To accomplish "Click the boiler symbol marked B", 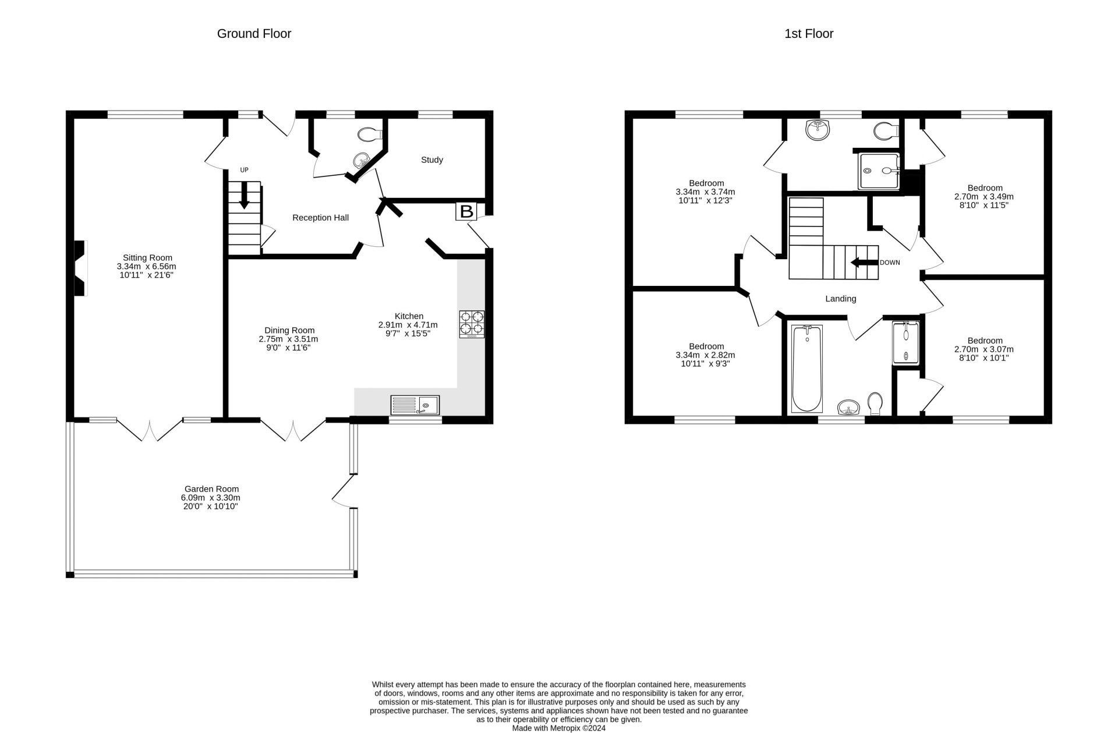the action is click(466, 211).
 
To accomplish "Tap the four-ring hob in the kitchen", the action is click(472, 324).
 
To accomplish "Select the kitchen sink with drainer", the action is click(415, 405).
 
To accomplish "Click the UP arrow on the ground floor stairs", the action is click(245, 194).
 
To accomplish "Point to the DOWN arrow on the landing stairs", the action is click(865, 263).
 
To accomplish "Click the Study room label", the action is click(432, 160).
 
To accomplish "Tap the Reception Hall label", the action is click(320, 218).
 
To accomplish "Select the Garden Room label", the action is click(211, 489).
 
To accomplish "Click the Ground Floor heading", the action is click(254, 34).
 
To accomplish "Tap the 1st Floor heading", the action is click(809, 34).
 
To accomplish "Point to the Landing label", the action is click(841, 299).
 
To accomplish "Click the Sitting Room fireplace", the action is click(80, 268).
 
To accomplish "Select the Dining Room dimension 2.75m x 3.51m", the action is click(288, 339).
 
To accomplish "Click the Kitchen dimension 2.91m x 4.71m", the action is click(408, 325).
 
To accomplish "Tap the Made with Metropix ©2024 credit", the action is click(559, 728).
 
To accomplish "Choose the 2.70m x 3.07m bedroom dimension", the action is click(985, 349).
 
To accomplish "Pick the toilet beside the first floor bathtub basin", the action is click(875, 403).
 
